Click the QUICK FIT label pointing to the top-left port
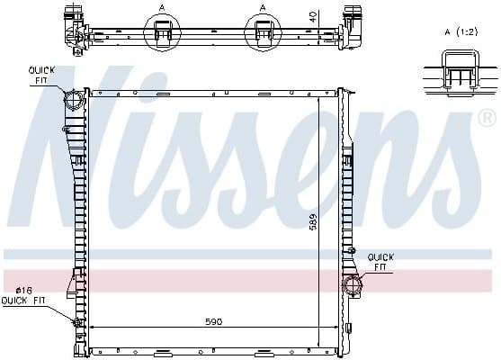41,74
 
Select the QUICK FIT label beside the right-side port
380,261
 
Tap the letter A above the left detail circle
161,7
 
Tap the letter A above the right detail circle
263,7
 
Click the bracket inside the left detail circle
162,33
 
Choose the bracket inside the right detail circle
264,33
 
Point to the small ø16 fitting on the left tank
76,321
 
